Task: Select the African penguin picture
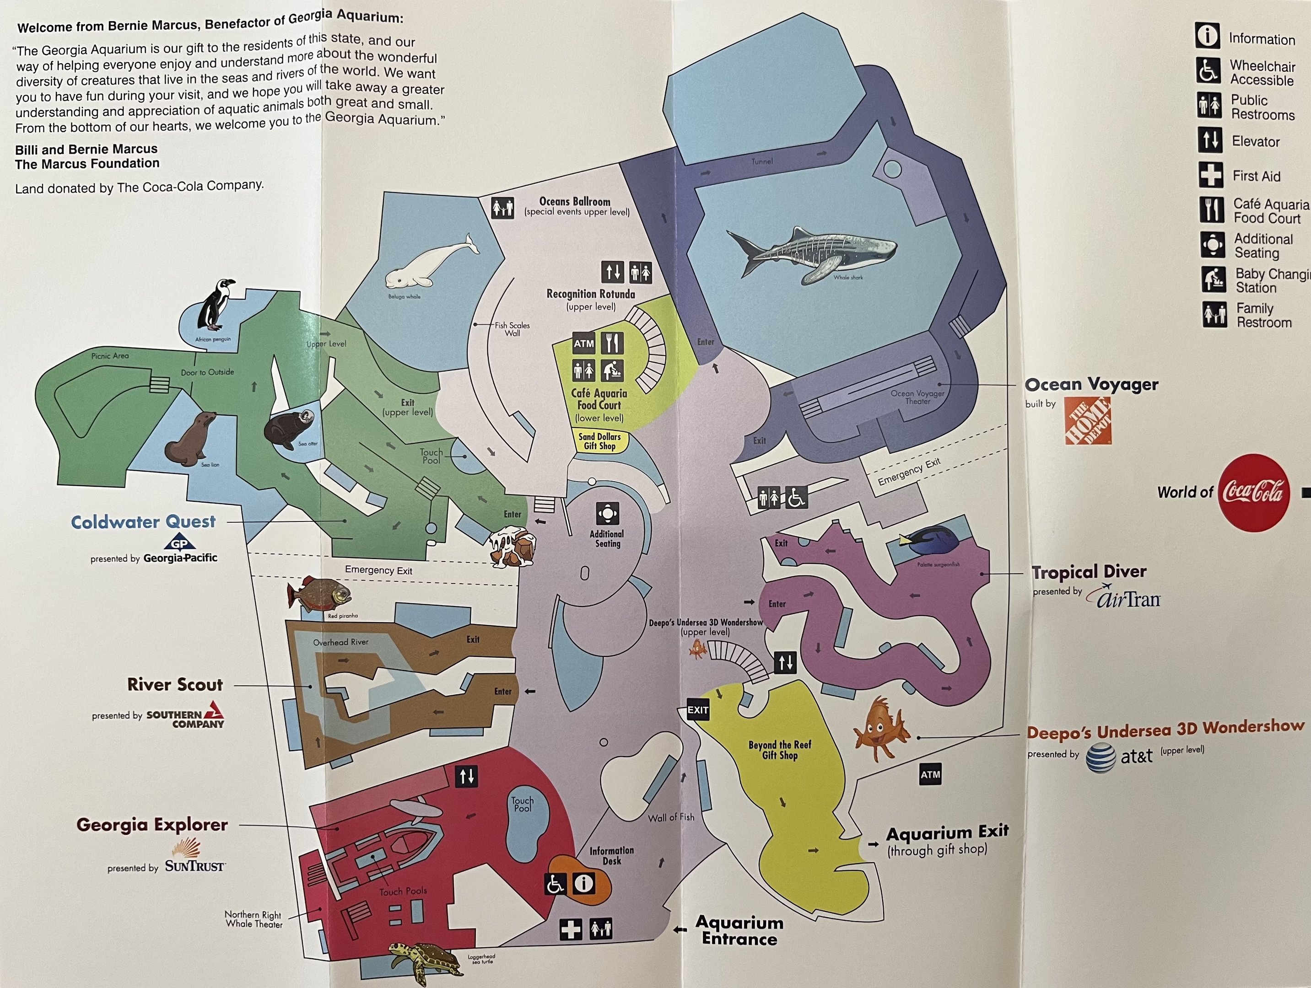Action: [x=215, y=305]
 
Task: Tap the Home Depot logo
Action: [x=1088, y=420]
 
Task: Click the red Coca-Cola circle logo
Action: [x=1253, y=492]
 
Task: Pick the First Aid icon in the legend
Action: [x=1210, y=175]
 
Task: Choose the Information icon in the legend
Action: [x=1207, y=36]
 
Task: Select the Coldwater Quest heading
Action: [x=143, y=522]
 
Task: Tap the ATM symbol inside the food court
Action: [x=584, y=344]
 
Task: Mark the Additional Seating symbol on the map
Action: [x=608, y=514]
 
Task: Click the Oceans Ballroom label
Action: [x=574, y=201]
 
